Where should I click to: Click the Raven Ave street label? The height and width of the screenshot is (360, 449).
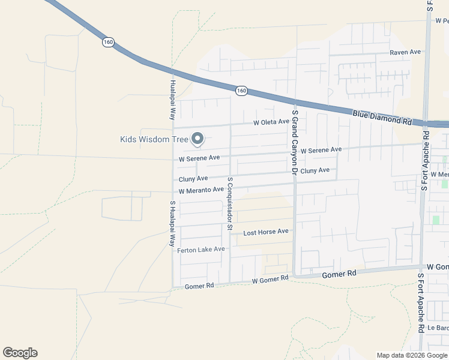tap(405, 52)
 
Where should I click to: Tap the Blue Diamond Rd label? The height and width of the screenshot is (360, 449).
tap(382, 116)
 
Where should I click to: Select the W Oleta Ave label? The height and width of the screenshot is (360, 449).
tap(271, 123)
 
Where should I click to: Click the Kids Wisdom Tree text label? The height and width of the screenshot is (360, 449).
tap(154, 140)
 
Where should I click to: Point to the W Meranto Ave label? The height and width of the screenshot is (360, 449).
tap(201, 190)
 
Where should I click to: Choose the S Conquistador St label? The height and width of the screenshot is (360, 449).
tap(229, 203)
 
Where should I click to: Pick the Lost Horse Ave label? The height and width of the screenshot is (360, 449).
tap(266, 232)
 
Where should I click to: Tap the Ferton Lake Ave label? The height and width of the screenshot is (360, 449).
tap(201, 250)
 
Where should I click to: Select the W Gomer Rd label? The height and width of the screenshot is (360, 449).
tap(271, 279)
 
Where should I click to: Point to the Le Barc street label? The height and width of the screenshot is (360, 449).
tap(438, 328)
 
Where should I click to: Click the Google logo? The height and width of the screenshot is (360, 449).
tap(20, 353)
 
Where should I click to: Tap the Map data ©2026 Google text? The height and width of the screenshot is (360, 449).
tap(411, 355)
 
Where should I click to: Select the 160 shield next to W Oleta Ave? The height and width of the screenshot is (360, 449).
tap(241, 91)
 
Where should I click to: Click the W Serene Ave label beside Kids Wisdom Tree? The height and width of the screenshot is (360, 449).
tap(199, 158)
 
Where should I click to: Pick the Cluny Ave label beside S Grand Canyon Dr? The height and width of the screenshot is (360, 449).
tap(315, 170)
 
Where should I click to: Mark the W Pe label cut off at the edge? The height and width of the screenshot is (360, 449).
tap(441, 21)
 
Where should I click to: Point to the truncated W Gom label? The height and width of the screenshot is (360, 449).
tap(438, 266)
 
